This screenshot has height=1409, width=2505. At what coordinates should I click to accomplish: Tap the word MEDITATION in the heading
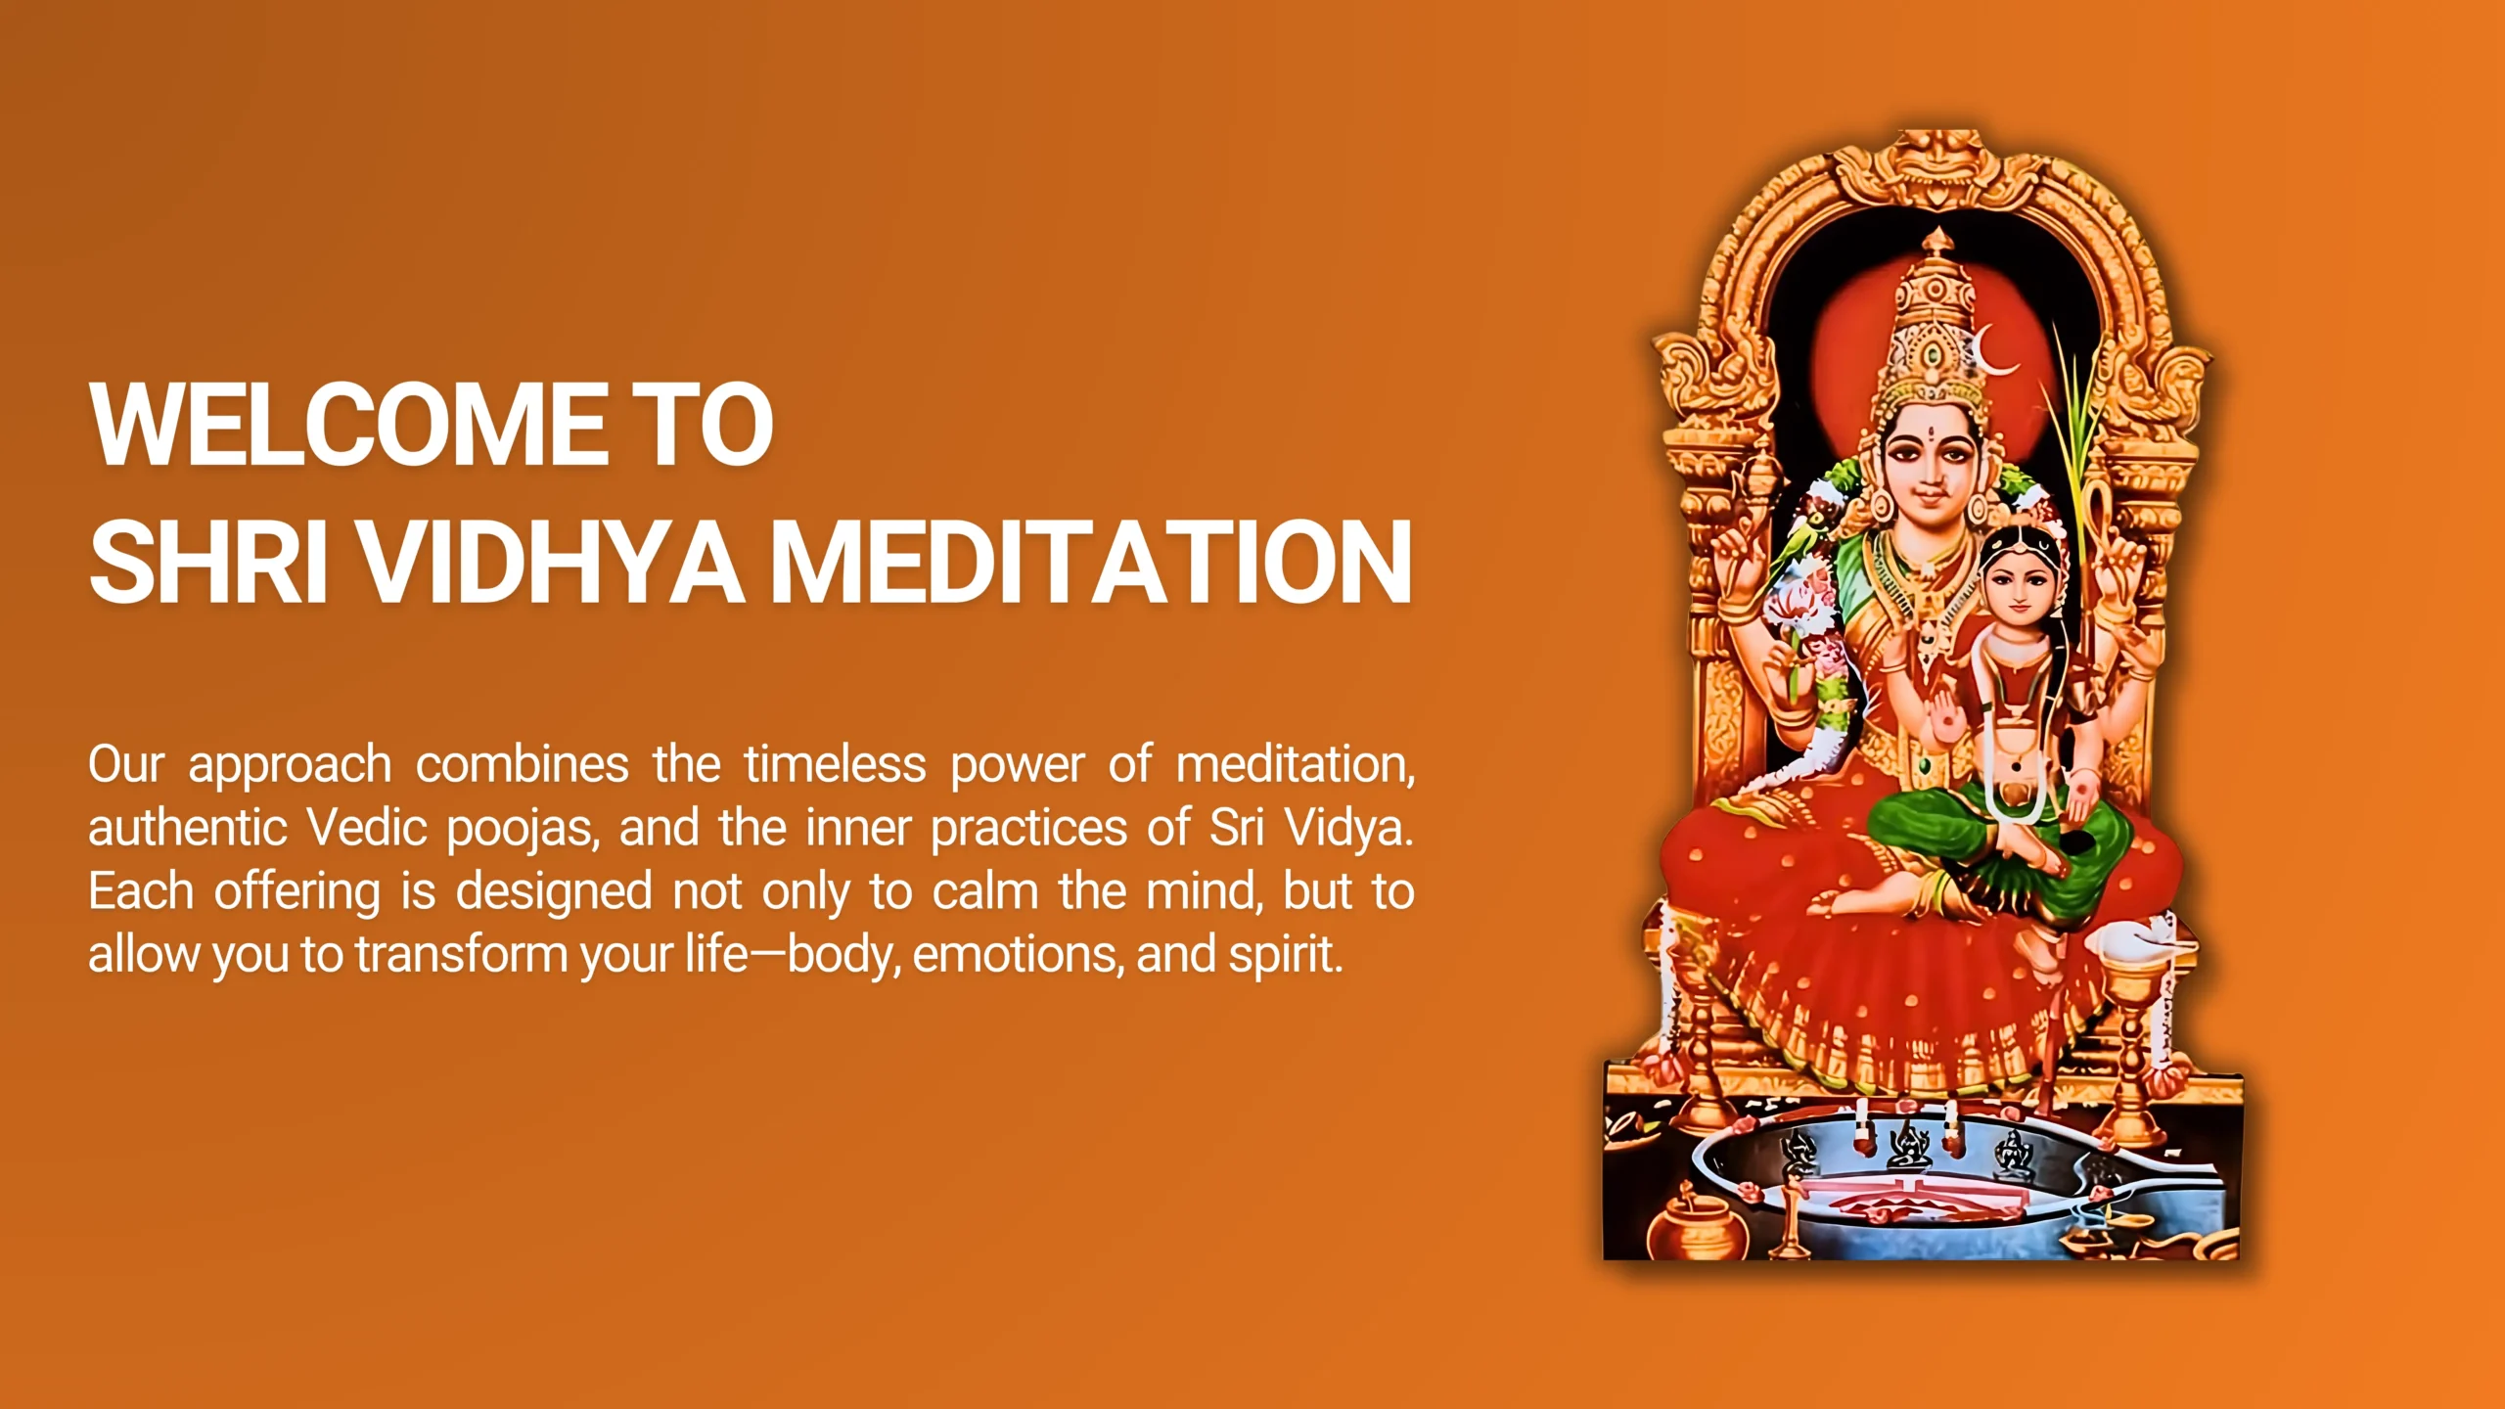click(1091, 563)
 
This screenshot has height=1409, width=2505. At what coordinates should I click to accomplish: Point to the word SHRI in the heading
click(207, 563)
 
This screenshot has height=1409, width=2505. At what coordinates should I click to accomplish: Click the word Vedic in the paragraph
click(368, 828)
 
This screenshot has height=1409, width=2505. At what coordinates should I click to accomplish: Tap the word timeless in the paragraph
click(835, 764)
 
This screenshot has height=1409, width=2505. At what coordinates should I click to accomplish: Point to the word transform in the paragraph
click(461, 954)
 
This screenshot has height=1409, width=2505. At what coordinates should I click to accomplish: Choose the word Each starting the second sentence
click(141, 891)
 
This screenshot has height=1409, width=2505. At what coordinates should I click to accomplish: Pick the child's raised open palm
click(1947, 719)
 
